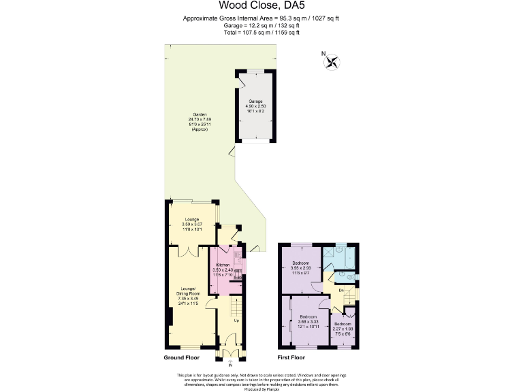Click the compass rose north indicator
[331, 61]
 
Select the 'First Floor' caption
[291, 357]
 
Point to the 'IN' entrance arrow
[229, 363]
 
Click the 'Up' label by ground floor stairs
[236, 320]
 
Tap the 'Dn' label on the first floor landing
[340, 291]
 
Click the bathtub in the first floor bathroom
[350, 257]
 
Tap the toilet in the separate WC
[349, 277]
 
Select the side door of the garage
[240, 82]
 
